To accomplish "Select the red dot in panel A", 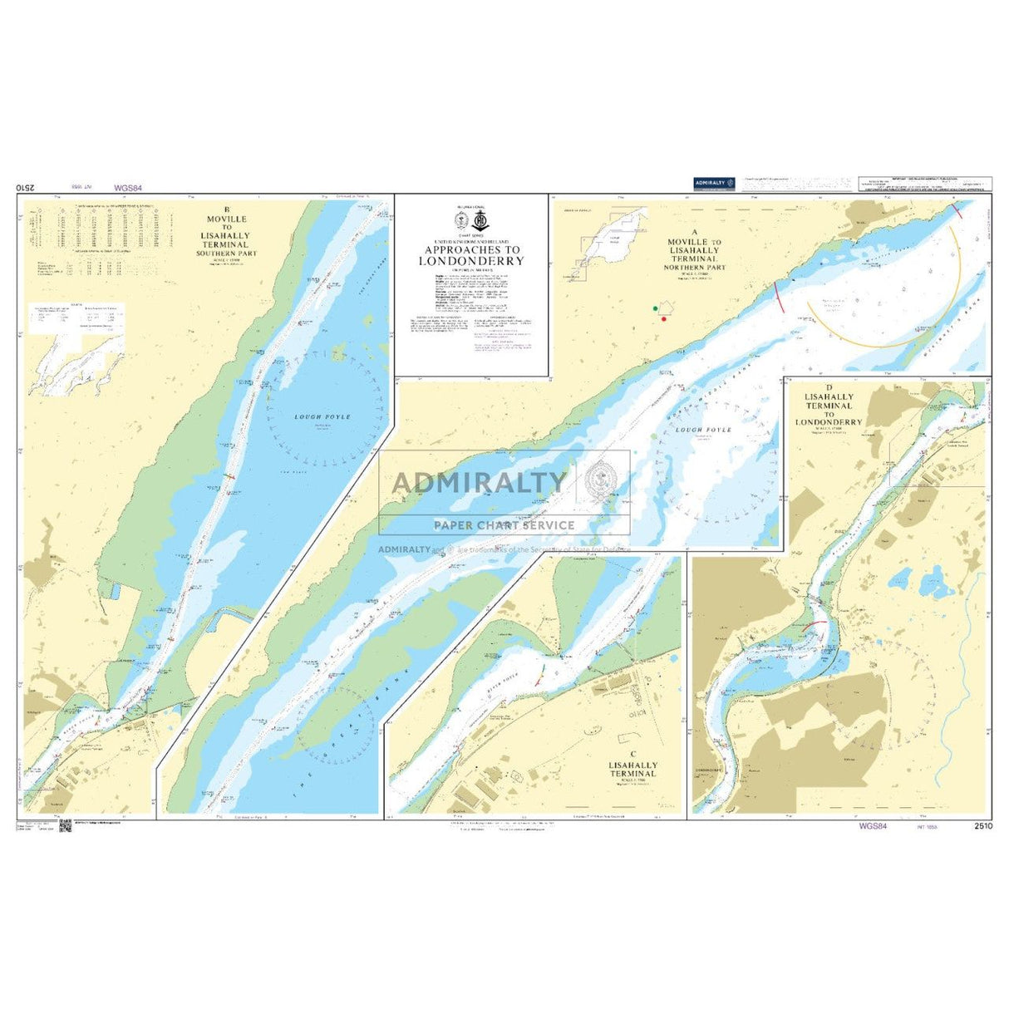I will (x=663, y=319).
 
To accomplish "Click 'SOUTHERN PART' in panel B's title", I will (x=227, y=253).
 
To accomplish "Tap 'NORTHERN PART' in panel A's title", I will (x=695, y=268).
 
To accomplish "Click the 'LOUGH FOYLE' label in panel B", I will (x=322, y=416).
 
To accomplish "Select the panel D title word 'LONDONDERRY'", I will (x=828, y=422).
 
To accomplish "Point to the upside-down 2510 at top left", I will (x=27, y=189).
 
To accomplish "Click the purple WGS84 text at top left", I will (x=129, y=189).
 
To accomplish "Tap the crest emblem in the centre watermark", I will (x=599, y=480).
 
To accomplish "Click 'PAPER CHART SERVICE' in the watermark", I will (x=504, y=525).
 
